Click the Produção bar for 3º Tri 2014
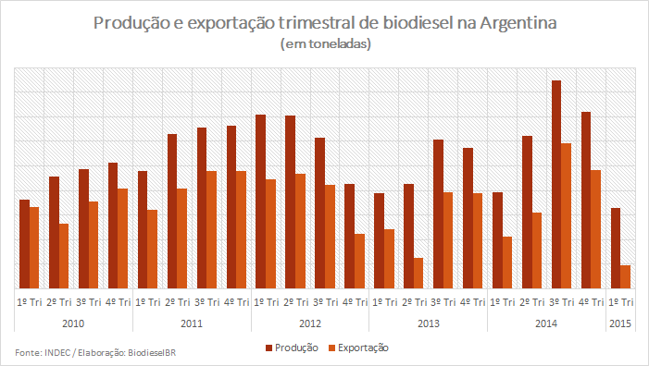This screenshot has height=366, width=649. pos(556,184)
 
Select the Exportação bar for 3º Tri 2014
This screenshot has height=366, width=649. pos(566,215)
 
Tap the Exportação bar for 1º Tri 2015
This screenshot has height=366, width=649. pos(625,276)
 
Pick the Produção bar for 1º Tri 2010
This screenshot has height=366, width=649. pos(24,244)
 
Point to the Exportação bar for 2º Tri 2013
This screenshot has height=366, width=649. pos(418,273)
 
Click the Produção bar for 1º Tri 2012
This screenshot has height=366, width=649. pos(261,201)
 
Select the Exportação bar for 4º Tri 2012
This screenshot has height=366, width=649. pos(359,261)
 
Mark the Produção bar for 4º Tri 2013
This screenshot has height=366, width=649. pos(468,218)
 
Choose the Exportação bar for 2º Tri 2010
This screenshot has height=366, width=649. pos(64,256)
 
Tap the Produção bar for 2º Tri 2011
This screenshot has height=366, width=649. pos(172,211)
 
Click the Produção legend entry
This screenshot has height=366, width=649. pos(293,348)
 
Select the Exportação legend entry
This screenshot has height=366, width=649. pos(358,348)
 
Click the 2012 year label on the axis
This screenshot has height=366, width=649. pos(310,323)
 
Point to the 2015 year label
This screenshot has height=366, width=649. pos(620,323)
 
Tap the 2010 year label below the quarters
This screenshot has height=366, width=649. pos(73,323)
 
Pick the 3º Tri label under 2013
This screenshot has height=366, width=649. pos(443,302)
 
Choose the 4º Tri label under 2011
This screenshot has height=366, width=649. pos(236,302)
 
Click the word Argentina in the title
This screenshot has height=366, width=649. pos(518,23)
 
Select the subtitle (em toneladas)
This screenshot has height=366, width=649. pos(325,43)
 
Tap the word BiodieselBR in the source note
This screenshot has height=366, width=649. pos(152,353)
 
